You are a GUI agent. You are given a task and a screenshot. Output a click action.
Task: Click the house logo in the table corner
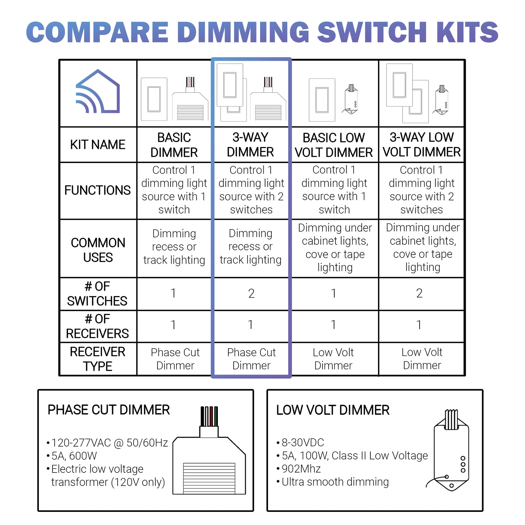[98, 92]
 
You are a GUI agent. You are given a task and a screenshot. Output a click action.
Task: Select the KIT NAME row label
[98, 145]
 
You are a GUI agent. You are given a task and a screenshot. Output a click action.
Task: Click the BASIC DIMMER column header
[174, 145]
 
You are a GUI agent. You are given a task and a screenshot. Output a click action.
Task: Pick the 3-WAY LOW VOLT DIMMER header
[421, 145]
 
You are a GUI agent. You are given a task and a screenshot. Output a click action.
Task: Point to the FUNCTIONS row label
[97, 190]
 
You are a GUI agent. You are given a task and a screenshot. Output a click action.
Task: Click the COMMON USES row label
[98, 250]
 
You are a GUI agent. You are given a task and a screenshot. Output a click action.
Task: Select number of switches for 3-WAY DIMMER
[251, 293]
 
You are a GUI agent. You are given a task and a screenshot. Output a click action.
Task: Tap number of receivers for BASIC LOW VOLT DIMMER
[333, 325]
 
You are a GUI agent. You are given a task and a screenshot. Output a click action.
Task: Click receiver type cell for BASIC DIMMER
[175, 359]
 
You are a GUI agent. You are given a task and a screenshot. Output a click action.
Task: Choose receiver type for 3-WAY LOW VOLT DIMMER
[422, 359]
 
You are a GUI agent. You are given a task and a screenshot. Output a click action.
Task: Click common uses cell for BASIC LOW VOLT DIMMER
[335, 247]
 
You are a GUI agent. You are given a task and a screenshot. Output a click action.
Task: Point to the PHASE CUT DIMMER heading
[108, 410]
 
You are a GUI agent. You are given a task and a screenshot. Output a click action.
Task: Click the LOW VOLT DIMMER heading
[333, 410]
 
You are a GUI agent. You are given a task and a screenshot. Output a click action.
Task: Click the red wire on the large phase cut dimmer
[211, 416]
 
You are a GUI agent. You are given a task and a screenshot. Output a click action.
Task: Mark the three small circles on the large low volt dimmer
[463, 464]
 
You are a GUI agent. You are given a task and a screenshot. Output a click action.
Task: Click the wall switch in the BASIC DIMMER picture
[154, 99]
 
